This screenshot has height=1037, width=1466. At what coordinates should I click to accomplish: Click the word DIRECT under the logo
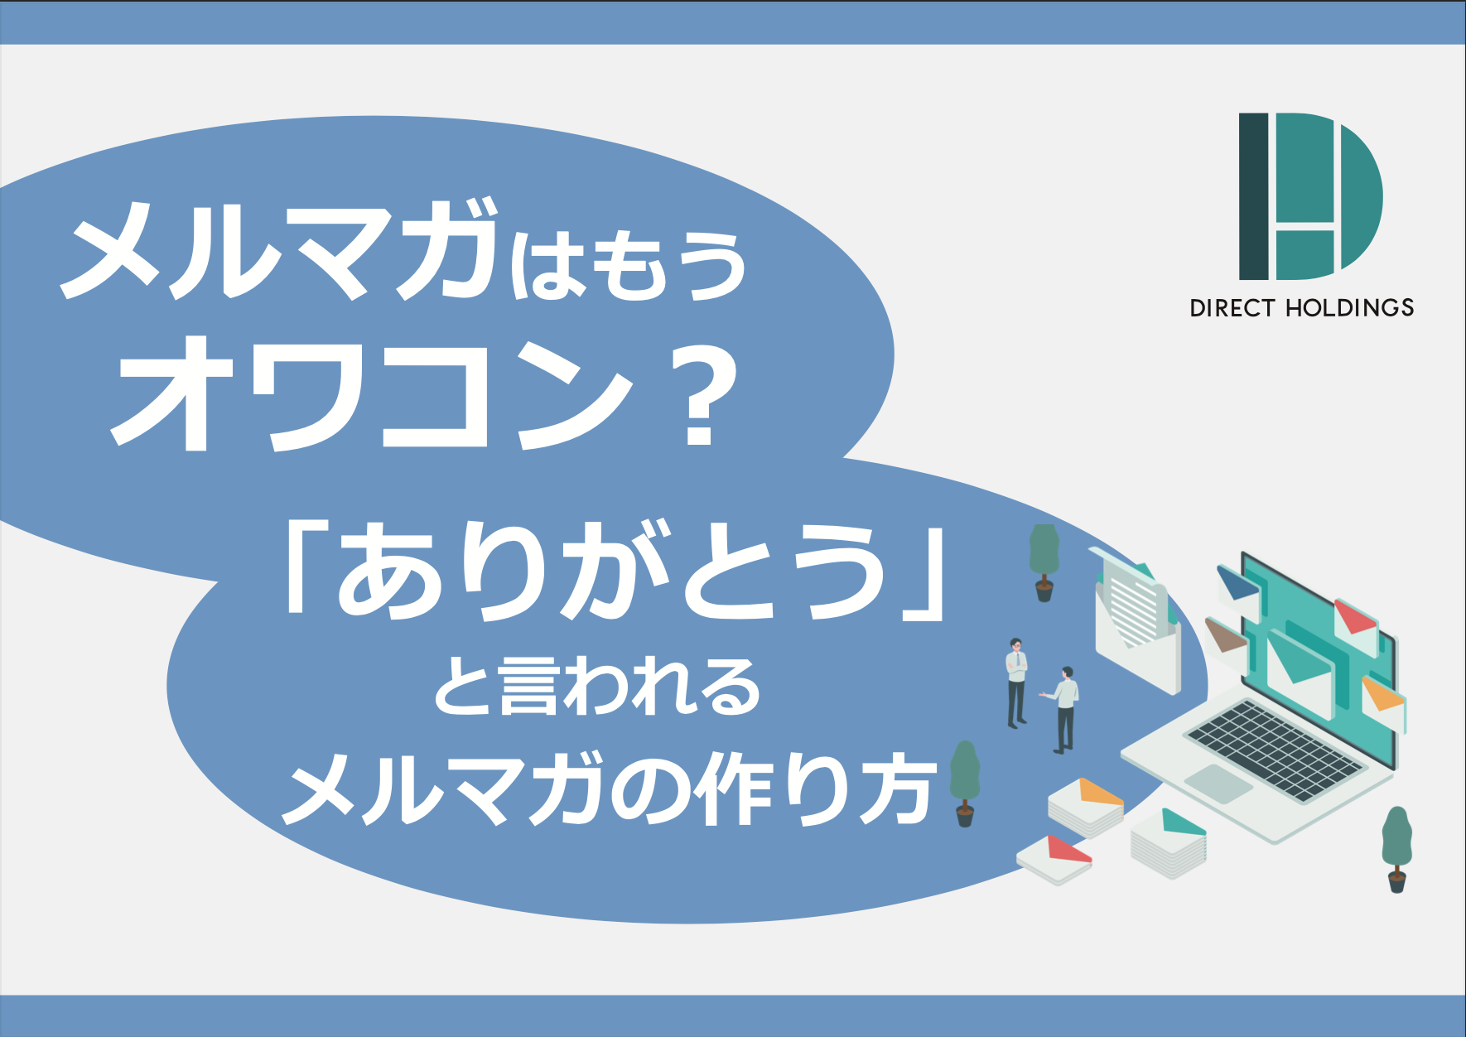click(x=1232, y=308)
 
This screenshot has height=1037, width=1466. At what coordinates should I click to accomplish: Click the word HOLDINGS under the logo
click(x=1349, y=308)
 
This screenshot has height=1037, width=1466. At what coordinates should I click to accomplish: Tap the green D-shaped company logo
click(x=1310, y=196)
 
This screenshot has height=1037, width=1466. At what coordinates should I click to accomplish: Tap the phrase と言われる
click(x=596, y=686)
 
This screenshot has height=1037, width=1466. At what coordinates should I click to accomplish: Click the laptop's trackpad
click(x=1218, y=782)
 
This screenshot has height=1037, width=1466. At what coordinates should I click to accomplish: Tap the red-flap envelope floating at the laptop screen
click(x=1355, y=623)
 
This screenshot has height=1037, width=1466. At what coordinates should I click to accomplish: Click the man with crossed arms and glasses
click(x=1016, y=683)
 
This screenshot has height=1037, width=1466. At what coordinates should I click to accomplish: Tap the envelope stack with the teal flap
click(x=1169, y=842)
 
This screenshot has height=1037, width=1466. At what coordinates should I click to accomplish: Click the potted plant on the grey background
click(x=1396, y=849)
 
